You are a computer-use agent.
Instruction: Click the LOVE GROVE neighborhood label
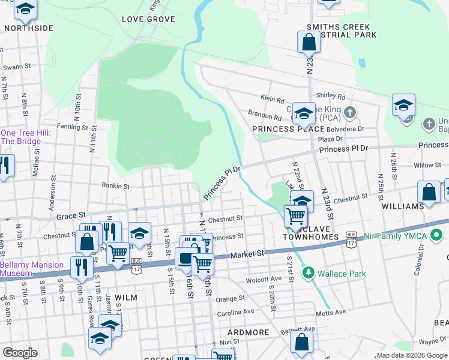148,19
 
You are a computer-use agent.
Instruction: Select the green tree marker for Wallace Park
309,274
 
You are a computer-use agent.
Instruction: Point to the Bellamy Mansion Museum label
31,269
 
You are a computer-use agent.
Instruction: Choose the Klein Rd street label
271,97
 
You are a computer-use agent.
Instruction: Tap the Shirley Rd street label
331,96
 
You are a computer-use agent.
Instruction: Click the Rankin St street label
115,187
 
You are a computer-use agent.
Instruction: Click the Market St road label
247,254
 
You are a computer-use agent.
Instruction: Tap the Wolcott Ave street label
264,279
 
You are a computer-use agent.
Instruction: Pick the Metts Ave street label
331,312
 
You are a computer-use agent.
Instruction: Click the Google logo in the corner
19,352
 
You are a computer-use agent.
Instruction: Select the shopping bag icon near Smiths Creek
309,42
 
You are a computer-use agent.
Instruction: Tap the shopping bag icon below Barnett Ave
301,343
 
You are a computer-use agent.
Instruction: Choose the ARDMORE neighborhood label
249,332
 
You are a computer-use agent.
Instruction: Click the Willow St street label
427,165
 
